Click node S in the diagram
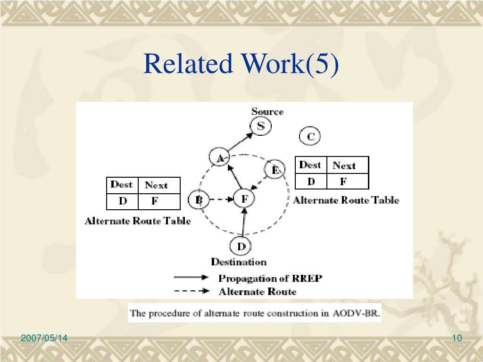coord(260,126)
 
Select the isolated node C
coord(310,137)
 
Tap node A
coord(219,158)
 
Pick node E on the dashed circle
coord(275,170)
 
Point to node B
coord(199,200)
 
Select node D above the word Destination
coord(241,246)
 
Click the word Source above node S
coord(267,112)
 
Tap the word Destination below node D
coord(239,262)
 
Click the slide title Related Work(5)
coord(241,65)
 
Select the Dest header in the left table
coord(121,185)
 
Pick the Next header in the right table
coord(344,165)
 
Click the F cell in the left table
coord(154,201)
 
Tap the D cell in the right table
coord(311,181)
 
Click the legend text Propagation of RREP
coord(270,278)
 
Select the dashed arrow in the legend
coord(192,291)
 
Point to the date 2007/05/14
coord(44,338)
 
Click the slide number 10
coord(457,338)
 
